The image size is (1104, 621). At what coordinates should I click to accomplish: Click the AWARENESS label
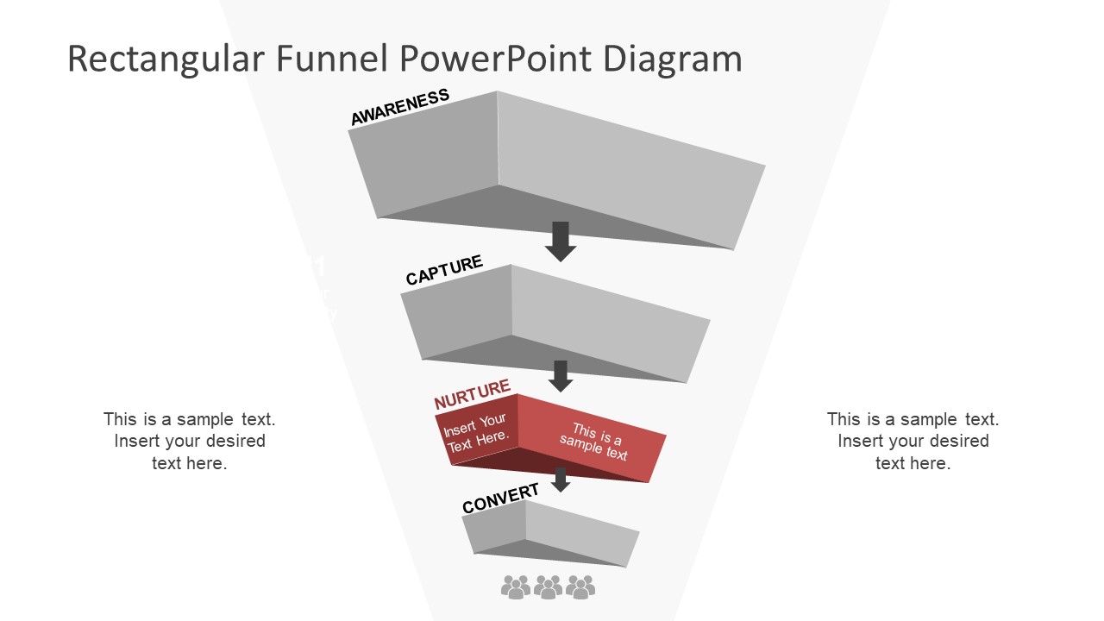(x=399, y=107)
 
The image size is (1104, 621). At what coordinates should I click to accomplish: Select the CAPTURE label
(x=444, y=270)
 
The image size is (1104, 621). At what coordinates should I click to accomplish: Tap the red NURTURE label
(x=472, y=395)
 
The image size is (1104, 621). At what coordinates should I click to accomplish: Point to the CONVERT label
(x=500, y=499)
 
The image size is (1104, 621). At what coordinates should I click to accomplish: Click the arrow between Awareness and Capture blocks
(x=561, y=241)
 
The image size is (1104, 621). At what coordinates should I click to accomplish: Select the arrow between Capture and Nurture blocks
(x=561, y=375)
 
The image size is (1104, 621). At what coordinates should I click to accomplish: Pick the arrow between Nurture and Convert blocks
(x=561, y=480)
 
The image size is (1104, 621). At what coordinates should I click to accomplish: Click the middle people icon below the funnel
(x=548, y=587)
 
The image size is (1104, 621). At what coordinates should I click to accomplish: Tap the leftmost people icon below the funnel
(x=516, y=587)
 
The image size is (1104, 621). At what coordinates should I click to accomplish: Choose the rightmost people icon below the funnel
(x=580, y=587)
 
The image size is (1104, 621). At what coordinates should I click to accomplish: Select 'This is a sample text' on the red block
(x=595, y=442)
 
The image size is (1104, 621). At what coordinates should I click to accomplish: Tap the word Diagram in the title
(x=672, y=59)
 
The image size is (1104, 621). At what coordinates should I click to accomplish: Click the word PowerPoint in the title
(x=496, y=59)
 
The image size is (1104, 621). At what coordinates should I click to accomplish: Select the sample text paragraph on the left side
(x=190, y=441)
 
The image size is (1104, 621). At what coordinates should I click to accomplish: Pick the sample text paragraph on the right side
(x=913, y=441)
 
